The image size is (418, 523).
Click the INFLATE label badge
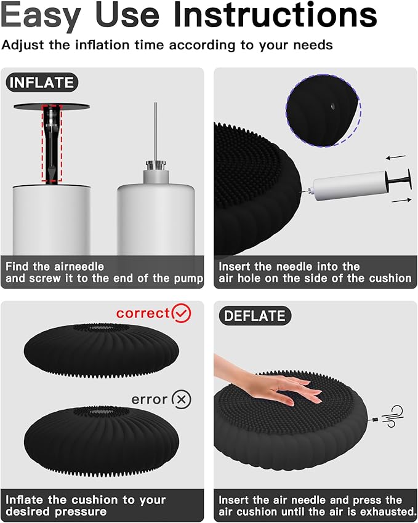coord(41,82)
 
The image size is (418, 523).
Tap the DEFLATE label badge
coord(255,316)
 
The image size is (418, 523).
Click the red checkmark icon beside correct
coord(182,313)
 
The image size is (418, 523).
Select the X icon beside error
coord(181,399)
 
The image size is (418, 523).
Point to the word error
coord(150,399)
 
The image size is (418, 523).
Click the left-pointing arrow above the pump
coord(383,158)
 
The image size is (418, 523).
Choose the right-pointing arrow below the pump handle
coord(400,200)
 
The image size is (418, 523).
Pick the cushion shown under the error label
coord(102,439)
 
